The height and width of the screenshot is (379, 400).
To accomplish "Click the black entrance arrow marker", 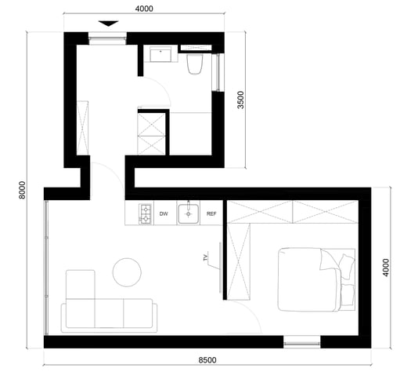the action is click(109, 24).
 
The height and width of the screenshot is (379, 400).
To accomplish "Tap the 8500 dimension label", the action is click(207, 360).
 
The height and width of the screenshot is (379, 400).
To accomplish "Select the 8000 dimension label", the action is click(23, 190).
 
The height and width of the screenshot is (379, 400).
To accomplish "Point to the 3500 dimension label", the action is click(240, 100).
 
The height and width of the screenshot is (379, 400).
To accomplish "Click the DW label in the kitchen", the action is click(164, 214).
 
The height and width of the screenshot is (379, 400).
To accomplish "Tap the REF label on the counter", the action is click(211, 214).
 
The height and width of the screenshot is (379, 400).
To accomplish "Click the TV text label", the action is click(206, 257).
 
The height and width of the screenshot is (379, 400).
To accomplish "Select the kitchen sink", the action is click(188, 213).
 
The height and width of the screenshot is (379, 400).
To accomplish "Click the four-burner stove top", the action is click(145, 214).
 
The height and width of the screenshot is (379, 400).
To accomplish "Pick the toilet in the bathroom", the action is click(195, 64).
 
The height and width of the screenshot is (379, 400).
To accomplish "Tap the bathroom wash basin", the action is click(160, 54).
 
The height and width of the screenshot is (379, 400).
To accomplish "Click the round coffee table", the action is click(127, 272).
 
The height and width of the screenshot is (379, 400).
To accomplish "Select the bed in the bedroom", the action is click(316, 279).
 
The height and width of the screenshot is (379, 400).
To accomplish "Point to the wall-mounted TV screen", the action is click(220, 268).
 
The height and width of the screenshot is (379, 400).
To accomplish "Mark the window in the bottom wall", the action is click(302, 342).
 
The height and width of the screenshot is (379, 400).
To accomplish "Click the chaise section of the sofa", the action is click(81, 285).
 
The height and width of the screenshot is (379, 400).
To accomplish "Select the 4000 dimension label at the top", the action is click(144, 9).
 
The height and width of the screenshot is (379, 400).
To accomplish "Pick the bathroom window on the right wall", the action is click(218, 72).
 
